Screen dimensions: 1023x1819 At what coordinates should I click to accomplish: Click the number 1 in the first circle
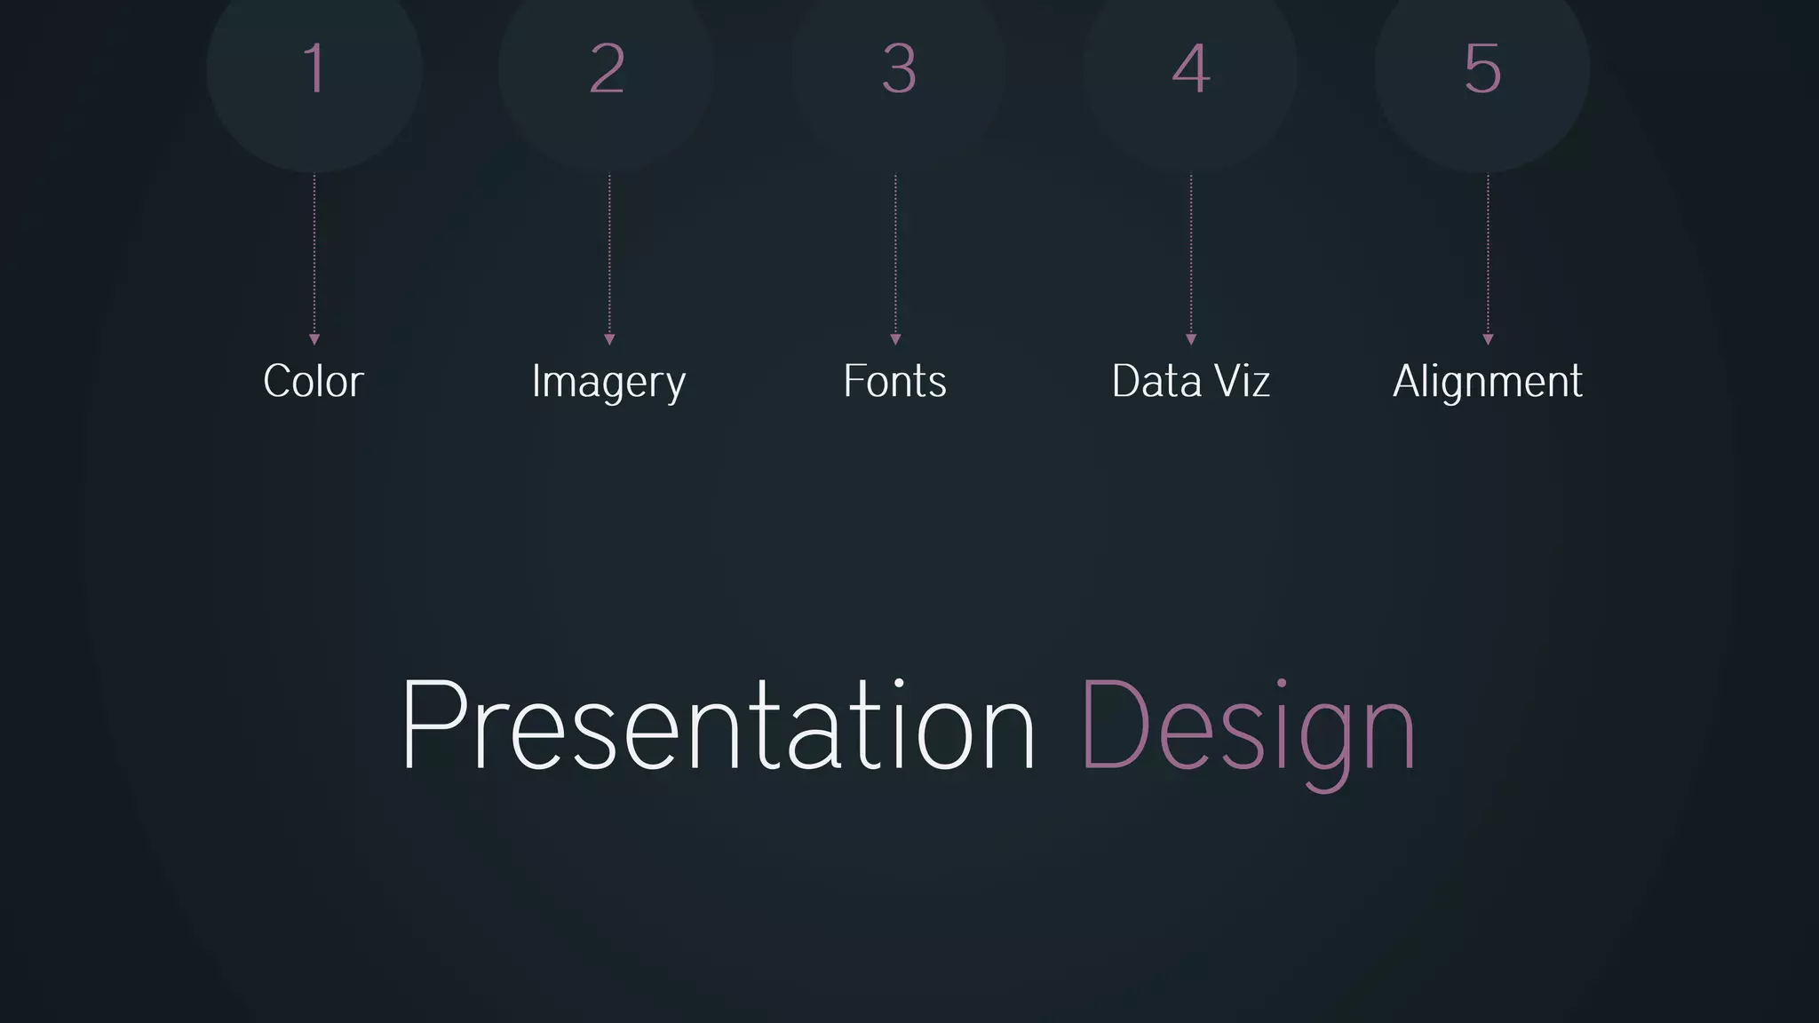pos(314,69)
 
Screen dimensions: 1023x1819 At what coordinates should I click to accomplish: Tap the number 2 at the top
pos(608,69)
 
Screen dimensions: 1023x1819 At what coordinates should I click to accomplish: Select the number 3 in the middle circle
pos(899,69)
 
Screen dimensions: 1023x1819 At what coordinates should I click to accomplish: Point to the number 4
pos(1191,69)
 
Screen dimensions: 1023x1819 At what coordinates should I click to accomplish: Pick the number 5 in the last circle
pos(1482,69)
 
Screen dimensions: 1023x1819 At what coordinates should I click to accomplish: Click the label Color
pos(314,382)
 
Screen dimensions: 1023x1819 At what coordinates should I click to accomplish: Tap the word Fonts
pos(895,382)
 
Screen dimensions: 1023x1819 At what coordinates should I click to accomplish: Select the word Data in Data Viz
pos(1156,382)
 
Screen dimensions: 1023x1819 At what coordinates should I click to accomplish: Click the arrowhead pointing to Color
pos(314,339)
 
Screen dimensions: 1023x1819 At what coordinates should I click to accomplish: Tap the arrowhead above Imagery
pos(609,339)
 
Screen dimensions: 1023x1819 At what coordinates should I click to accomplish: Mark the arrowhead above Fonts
pos(895,339)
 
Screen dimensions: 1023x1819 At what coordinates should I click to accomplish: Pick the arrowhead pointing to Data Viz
pos(1191,339)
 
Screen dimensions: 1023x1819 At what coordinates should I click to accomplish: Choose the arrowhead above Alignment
pos(1489,339)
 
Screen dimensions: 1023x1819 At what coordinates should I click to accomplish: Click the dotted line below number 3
pos(895,253)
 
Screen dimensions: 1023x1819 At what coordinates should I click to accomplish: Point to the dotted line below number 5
pos(1489,253)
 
